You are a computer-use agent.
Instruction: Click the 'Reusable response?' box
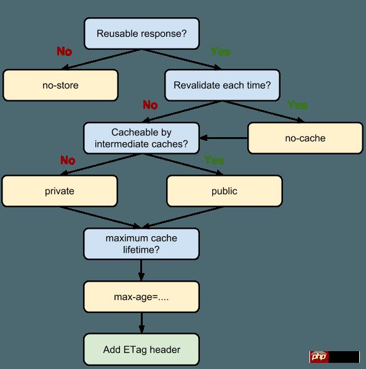(x=142, y=33)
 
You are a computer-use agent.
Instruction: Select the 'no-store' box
(x=60, y=85)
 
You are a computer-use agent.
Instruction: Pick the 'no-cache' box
(x=304, y=138)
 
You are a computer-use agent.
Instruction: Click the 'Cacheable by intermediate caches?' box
(x=142, y=138)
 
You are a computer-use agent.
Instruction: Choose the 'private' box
(x=60, y=191)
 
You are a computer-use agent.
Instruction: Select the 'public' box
(x=224, y=191)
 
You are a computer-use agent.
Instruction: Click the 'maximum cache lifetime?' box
(x=142, y=244)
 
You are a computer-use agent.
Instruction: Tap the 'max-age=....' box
(x=142, y=297)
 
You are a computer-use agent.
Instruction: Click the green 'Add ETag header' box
(x=142, y=349)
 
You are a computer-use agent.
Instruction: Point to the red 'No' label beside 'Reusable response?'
(x=65, y=52)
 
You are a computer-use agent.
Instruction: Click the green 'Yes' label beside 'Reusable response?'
(x=220, y=52)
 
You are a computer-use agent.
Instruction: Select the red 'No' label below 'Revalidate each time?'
(x=150, y=105)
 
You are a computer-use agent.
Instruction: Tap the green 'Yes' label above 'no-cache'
(x=297, y=105)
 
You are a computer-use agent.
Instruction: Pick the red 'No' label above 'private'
(x=68, y=160)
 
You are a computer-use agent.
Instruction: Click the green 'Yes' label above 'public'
(x=214, y=160)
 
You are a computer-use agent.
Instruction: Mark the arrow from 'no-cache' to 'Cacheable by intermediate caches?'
(x=225, y=138)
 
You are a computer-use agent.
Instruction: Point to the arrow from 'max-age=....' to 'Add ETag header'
(x=142, y=323)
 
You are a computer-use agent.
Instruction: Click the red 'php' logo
(x=319, y=357)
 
